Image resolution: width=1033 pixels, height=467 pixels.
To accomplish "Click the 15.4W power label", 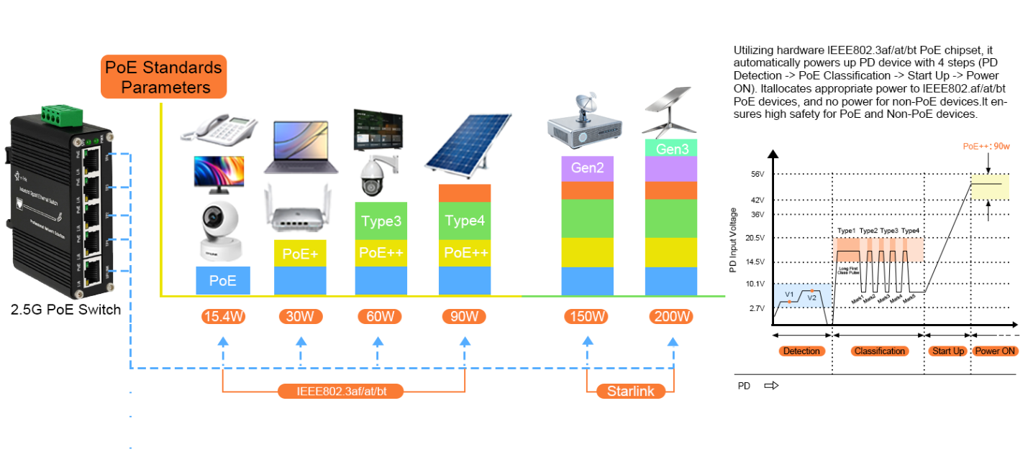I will pyautogui.click(x=223, y=316).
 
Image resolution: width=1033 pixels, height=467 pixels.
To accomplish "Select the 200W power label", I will pyautogui.click(x=672, y=316).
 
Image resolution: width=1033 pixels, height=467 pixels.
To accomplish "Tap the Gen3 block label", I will pyautogui.click(x=672, y=149).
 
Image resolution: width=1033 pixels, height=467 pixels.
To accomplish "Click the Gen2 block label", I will pyautogui.click(x=587, y=170).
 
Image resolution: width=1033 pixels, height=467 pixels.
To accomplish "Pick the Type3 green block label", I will pyautogui.click(x=381, y=221).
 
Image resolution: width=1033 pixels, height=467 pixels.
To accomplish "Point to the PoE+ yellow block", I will pyautogui.click(x=300, y=254).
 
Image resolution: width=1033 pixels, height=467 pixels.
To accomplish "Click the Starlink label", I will pyautogui.click(x=630, y=392).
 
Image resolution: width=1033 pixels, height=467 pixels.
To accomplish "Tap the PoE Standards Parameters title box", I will pyautogui.click(x=163, y=77).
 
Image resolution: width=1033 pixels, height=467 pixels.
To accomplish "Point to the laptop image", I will pyautogui.click(x=301, y=148).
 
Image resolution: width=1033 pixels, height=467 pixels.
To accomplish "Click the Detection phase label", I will pyautogui.click(x=801, y=351).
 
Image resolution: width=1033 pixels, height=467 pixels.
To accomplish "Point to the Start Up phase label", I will pyautogui.click(x=947, y=351).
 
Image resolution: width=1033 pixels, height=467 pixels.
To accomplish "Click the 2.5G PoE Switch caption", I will pyautogui.click(x=65, y=310).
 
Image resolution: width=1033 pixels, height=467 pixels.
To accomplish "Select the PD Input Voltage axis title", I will pyautogui.click(x=733, y=241).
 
